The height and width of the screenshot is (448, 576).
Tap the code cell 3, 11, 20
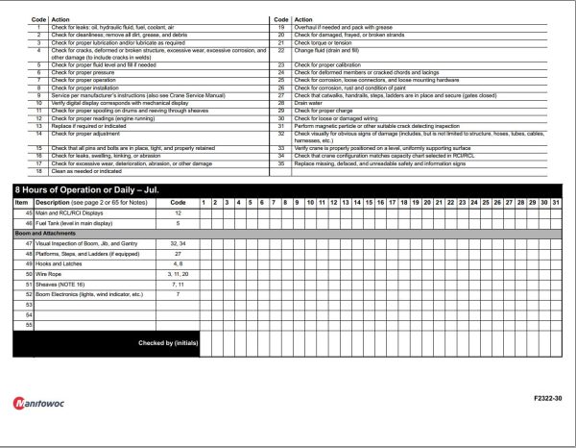point(178,274)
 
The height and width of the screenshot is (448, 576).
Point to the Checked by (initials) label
point(168,343)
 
